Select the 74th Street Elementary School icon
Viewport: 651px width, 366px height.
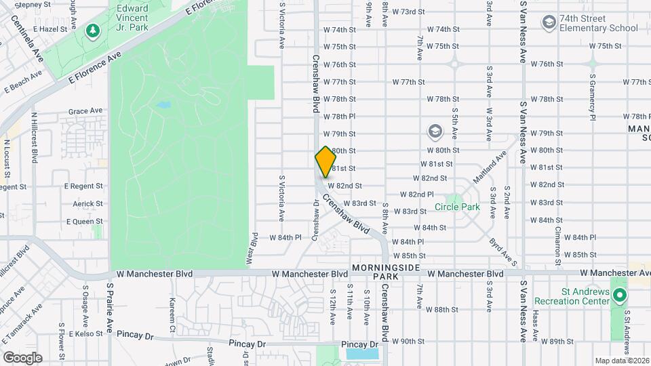pos(548,23)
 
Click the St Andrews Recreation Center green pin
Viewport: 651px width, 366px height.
pos(620,296)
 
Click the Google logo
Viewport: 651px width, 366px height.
pos(22,357)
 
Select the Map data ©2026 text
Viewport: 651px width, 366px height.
pos(622,361)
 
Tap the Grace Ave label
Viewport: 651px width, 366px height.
pos(85,110)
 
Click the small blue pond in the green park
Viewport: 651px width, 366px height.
pos(163,105)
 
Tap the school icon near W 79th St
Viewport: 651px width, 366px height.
pos(435,131)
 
